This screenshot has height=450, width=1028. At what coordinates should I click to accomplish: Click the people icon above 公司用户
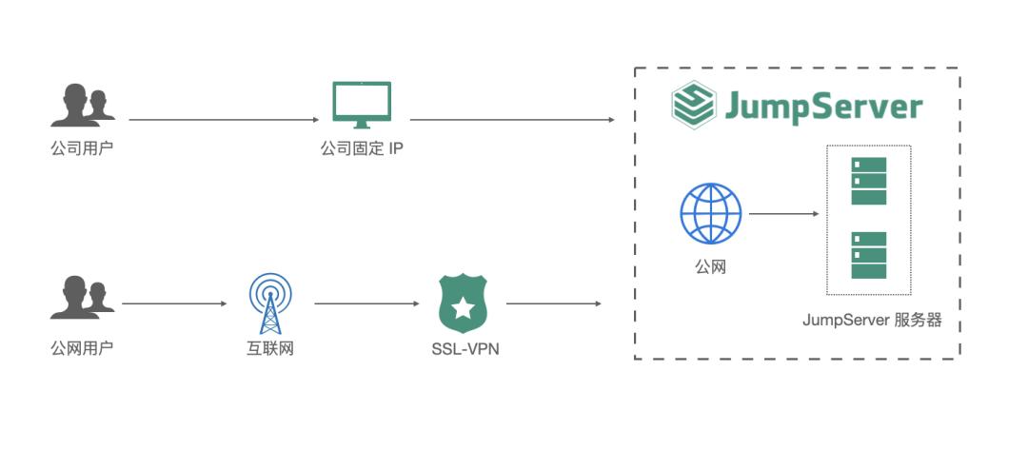point(82,106)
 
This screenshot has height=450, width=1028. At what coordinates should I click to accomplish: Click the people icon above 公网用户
point(82,298)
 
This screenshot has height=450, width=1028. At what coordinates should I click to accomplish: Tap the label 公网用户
point(82,347)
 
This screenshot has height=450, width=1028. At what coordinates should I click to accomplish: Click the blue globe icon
point(710,214)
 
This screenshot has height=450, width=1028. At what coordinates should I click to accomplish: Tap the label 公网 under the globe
point(710,267)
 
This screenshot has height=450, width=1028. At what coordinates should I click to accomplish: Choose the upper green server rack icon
point(868,181)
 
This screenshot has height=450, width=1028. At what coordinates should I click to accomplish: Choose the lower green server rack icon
point(868,255)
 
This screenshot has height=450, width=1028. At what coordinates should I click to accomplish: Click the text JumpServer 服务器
point(872,321)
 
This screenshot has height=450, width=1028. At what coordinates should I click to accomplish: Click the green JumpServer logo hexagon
point(693,106)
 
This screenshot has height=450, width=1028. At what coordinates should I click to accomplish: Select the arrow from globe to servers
point(783,214)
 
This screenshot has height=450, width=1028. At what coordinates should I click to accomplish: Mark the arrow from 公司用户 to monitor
point(224,120)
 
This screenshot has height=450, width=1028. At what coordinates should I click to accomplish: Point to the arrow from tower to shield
point(366,304)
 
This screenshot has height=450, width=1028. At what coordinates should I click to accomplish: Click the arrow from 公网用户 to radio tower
point(174,304)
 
